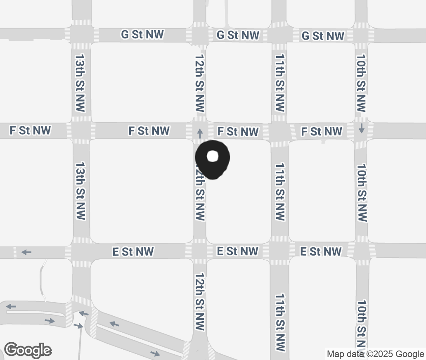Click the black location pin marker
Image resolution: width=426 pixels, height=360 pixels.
tap(212, 159)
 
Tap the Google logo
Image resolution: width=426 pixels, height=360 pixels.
tap(28, 350)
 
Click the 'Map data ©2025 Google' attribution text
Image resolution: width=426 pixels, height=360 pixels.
tap(375, 354)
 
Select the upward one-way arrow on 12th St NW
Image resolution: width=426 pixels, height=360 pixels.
tap(200, 133)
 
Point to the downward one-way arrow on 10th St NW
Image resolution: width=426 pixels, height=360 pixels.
tap(362, 128)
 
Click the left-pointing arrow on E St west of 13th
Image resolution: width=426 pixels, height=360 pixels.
tap(26, 252)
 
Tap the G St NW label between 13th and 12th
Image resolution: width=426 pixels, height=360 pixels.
tap(142, 35)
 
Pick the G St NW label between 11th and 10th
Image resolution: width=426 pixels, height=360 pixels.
tap(323, 36)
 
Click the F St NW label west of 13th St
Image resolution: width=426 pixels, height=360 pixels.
tap(30, 131)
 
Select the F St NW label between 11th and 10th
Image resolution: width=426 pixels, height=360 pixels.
tap(322, 131)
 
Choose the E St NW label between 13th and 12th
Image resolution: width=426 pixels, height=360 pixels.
tap(133, 251)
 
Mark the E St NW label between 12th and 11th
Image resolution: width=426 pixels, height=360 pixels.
tap(237, 251)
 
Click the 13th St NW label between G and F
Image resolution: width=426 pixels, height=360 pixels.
tap(80, 82)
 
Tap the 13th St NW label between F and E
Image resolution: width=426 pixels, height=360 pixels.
tap(80, 191)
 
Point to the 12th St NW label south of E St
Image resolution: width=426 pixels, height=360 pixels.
tap(200, 301)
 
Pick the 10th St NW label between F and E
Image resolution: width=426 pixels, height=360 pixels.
tap(362, 192)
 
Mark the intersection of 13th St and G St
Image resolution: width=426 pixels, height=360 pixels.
tap(81, 35)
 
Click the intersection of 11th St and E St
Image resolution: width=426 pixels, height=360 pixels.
tap(279, 251)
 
